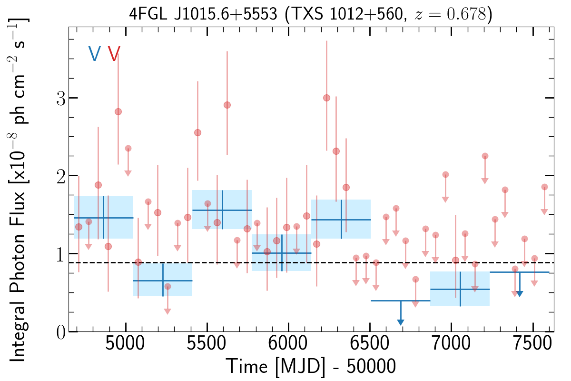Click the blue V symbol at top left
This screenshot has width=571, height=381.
click(94, 54)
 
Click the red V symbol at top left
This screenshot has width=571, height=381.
click(114, 54)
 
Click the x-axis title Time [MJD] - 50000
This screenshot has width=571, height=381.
click(311, 367)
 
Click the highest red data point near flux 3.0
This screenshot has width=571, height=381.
click(326, 98)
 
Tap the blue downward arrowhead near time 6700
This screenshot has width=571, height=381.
click(401, 322)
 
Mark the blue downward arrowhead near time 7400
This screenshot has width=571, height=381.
click(520, 293)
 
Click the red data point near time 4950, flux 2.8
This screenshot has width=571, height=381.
click(118, 111)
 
